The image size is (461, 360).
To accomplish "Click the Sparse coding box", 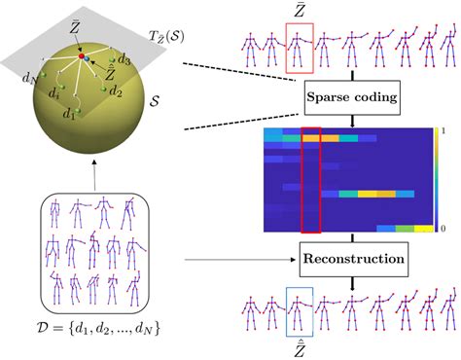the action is (x=352, y=98).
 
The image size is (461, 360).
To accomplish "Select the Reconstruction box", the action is (x=354, y=259).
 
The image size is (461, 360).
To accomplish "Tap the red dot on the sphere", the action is (x=82, y=56).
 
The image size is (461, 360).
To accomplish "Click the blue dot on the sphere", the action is (x=87, y=58).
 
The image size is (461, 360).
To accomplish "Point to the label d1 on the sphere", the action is (x=69, y=114).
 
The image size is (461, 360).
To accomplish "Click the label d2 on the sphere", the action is (x=116, y=91).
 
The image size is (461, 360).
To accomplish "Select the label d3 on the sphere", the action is (x=124, y=59).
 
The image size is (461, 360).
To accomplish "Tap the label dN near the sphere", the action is (x=29, y=78).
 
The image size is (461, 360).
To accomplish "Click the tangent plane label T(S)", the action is (x=166, y=36).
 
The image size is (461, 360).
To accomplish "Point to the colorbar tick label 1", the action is (x=443, y=131).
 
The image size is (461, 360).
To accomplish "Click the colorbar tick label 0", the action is (x=443, y=229).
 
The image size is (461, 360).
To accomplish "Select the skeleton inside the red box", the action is (x=298, y=49).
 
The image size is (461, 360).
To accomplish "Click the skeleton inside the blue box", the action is (x=298, y=312).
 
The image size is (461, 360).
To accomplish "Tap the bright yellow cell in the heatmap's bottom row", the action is (x=424, y=229).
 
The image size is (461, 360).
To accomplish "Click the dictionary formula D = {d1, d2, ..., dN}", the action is (x=98, y=328).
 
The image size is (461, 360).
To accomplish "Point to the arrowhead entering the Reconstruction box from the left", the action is (x=294, y=260).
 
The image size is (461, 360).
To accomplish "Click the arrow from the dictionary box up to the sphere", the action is (x=94, y=175).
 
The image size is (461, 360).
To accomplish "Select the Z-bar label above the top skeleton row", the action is (x=300, y=11).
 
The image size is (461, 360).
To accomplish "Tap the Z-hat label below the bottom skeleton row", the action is (x=300, y=349).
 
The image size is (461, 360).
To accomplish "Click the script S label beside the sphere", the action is (x=155, y=101).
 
